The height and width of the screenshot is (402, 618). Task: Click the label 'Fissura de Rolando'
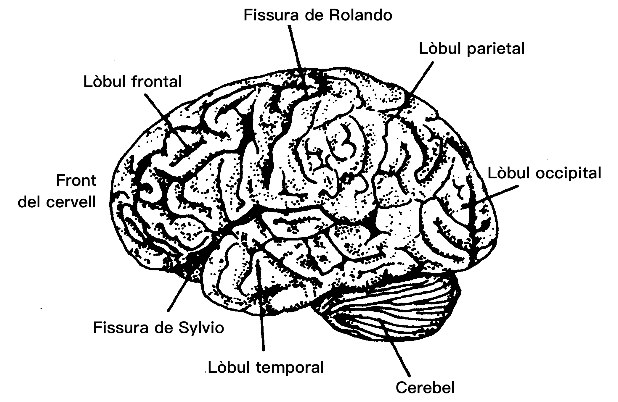coord(318,15)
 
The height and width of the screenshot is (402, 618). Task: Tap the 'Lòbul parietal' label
coord(471,49)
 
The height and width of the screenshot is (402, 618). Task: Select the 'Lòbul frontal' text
coord(132,82)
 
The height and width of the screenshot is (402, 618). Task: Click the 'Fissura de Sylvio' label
coord(158,328)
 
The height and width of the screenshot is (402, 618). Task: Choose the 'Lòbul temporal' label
coord(266,368)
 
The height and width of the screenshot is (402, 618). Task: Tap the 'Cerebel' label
coord(425,388)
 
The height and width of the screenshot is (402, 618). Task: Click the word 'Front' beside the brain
coord(76,180)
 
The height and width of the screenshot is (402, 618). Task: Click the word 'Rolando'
coord(360,15)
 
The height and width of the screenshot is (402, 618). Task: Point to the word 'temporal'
coord(290,368)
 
